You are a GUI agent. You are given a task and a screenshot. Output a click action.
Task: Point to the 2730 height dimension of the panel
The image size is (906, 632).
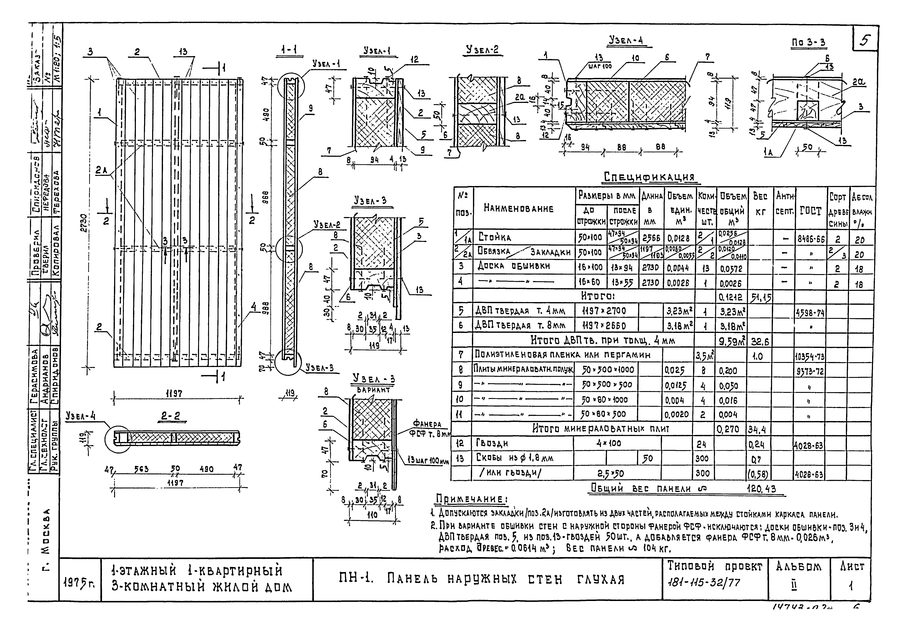pyautogui.click(x=83, y=223)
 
